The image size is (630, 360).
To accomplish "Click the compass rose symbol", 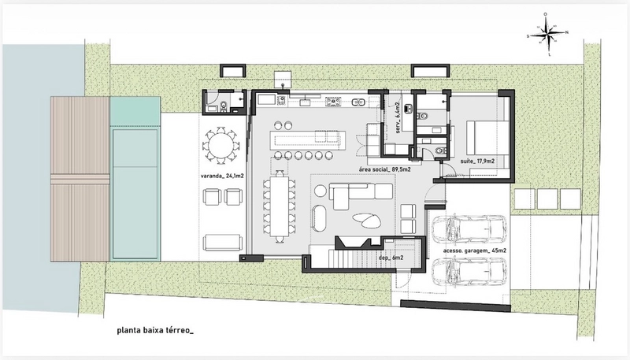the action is (548, 34).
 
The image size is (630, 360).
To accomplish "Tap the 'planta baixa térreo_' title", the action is (155, 331).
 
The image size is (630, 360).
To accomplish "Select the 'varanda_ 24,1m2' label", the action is (223, 176).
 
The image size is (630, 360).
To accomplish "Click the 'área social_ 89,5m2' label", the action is (384, 169).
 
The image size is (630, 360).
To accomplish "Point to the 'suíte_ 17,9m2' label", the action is (477, 161).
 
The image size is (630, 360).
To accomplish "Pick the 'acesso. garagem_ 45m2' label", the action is (475, 251).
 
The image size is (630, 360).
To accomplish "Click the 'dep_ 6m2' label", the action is (391, 258).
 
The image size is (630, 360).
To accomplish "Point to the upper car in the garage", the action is (469, 230).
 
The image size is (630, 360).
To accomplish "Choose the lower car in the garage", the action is (469, 272).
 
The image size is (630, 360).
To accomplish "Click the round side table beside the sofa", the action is (321, 191).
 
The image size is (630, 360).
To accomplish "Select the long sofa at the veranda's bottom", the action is (223, 243).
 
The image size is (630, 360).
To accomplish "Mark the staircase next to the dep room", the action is (357, 258).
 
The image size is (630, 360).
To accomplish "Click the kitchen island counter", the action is (308, 139).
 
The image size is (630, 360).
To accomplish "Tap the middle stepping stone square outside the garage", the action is (547, 199).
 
